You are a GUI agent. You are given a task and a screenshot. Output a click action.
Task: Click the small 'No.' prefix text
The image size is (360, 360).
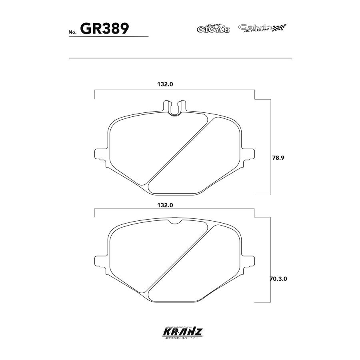72,32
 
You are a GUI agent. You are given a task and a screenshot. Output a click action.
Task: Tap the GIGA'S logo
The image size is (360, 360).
213,28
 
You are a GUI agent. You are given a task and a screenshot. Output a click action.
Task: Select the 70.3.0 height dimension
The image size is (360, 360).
278,278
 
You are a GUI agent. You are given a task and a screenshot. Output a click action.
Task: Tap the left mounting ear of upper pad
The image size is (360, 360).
99,154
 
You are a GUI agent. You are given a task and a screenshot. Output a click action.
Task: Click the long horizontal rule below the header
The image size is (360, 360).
180,58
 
